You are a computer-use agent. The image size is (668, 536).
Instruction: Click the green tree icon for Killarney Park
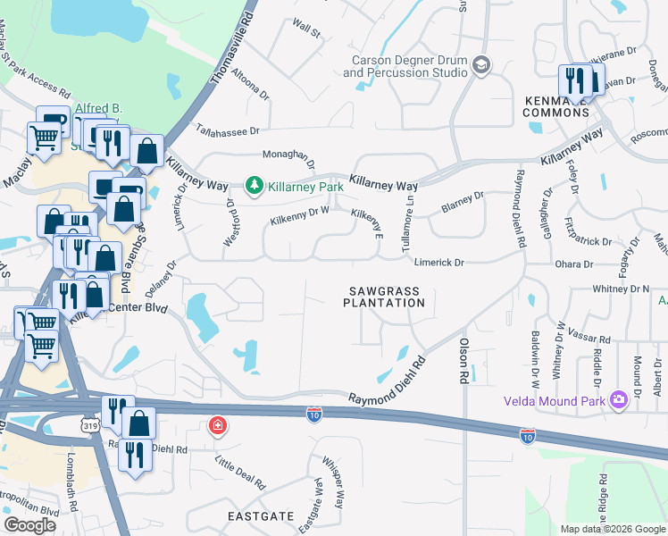pyautogui.click(x=254, y=185)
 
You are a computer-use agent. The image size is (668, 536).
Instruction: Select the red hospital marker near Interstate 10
pyautogui.click(x=216, y=426)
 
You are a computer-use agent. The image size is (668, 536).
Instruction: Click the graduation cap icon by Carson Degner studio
pyautogui.click(x=481, y=64)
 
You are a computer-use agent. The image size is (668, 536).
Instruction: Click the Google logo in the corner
pyautogui.click(x=30, y=524)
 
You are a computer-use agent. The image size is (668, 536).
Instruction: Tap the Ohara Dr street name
pyautogui.click(x=576, y=264)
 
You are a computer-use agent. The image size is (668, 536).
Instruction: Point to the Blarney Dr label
pyautogui.click(x=462, y=202)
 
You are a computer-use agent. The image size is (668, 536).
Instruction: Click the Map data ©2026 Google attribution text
pyautogui.click(x=612, y=529)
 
